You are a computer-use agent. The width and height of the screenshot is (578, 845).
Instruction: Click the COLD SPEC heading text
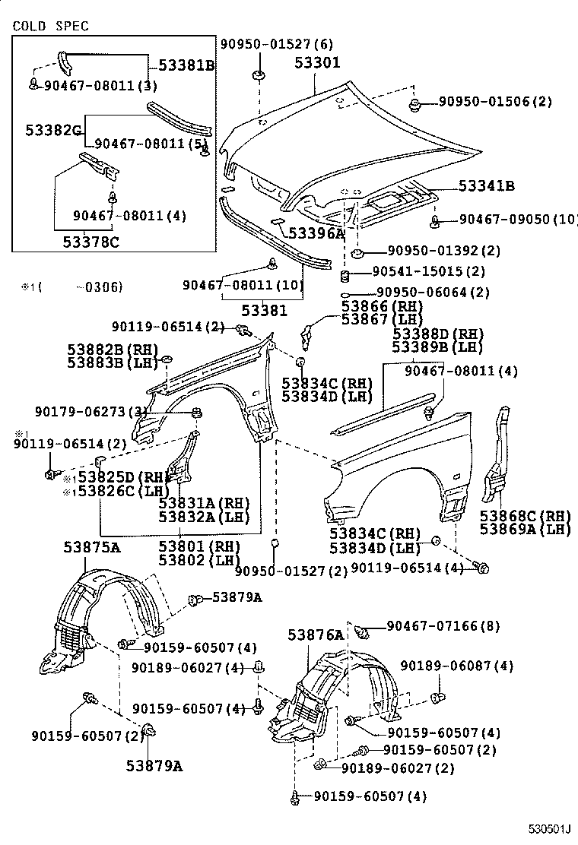(x=50, y=26)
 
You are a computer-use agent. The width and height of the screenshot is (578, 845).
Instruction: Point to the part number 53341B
(x=485, y=185)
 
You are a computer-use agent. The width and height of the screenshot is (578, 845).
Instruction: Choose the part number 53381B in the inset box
(x=186, y=65)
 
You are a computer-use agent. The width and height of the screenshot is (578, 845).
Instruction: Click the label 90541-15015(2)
(x=430, y=271)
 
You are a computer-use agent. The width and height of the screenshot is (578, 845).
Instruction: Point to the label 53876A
(x=316, y=634)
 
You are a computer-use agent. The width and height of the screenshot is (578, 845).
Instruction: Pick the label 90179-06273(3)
(x=91, y=412)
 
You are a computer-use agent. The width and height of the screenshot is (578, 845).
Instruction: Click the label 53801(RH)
(x=199, y=546)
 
